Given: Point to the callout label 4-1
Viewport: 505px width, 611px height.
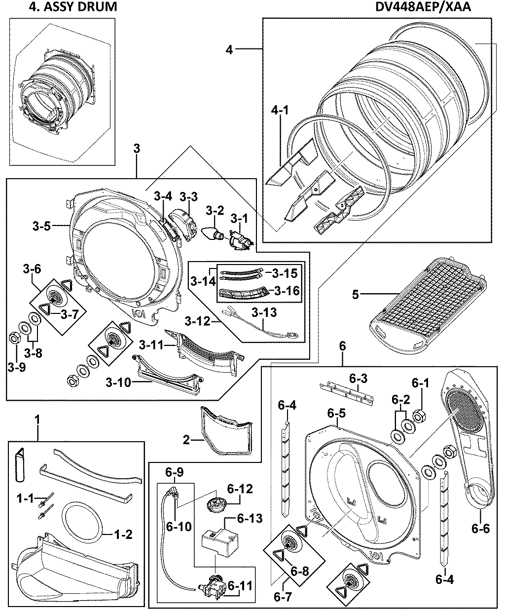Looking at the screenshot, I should point(279,111).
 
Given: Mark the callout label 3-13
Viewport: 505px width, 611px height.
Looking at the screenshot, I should point(264,312).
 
